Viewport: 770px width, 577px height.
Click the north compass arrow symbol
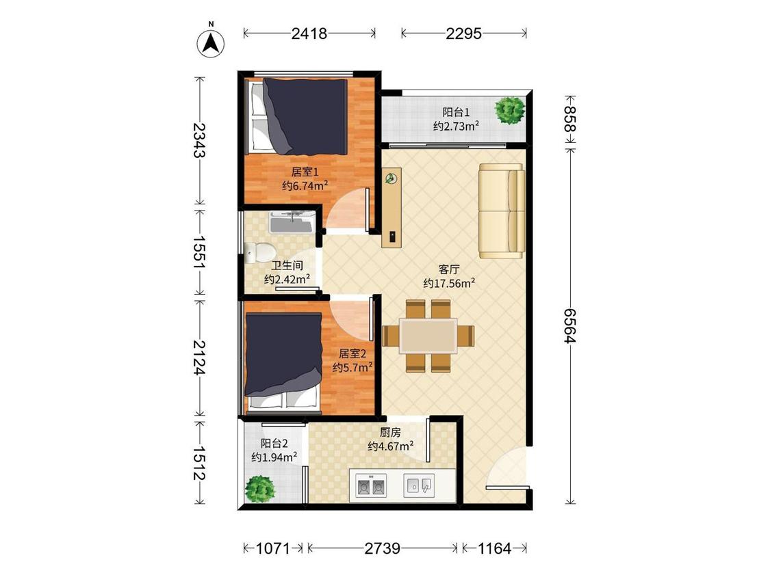tap(211, 43)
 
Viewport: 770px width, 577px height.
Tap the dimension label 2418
tap(309, 33)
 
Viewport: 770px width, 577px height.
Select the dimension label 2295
tap(463, 33)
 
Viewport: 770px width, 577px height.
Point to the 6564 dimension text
tap(569, 325)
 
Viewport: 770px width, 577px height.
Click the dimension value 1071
tap(274, 548)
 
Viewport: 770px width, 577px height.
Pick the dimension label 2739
tap(382, 548)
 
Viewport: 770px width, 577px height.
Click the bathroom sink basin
tap(293, 222)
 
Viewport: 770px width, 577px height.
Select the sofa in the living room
tap(502, 211)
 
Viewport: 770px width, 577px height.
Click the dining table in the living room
tap(428, 336)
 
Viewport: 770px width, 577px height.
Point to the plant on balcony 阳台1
tap(510, 111)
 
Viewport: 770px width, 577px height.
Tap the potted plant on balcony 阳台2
tap(259, 489)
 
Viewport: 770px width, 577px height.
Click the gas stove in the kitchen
tap(370, 486)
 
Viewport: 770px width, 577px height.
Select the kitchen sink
tap(418, 486)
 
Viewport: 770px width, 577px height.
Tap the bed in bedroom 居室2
tap(283, 362)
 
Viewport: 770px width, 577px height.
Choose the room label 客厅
tap(449, 269)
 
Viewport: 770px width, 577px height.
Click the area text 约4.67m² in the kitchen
tap(390, 446)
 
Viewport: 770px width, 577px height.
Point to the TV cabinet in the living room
tap(392, 208)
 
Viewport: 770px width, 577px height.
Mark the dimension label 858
tap(569, 118)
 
